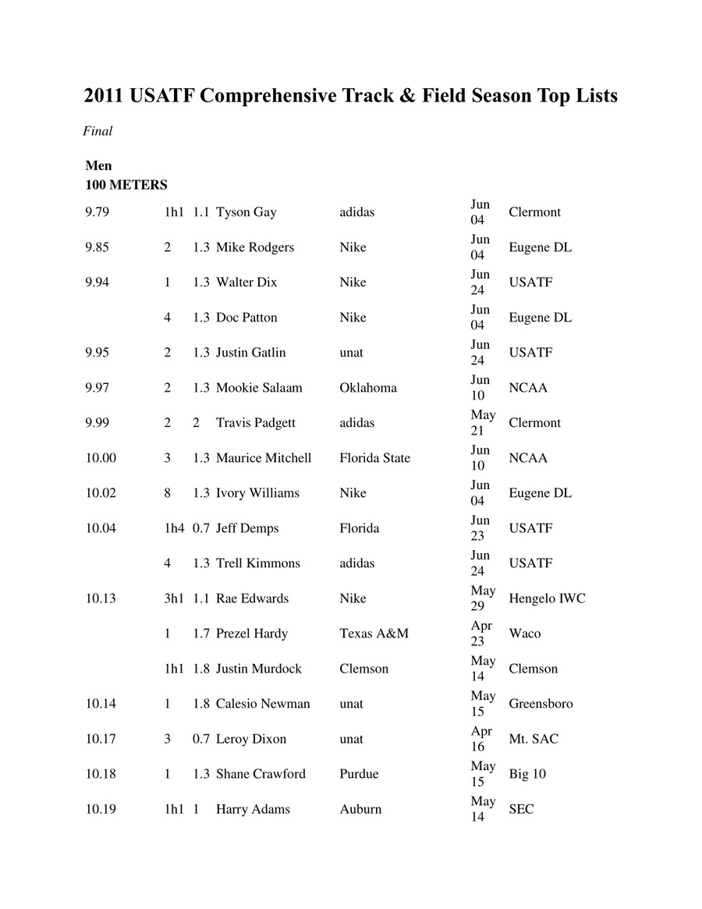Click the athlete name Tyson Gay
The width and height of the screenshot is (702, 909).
(x=246, y=212)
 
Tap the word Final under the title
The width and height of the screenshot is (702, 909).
(x=97, y=131)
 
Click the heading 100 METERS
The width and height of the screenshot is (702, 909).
(x=126, y=185)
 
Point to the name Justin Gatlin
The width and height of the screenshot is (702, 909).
(x=250, y=353)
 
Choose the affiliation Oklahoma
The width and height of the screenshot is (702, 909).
(x=367, y=388)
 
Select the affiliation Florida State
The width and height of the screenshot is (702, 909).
(x=374, y=458)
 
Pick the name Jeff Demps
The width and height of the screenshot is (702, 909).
(x=247, y=528)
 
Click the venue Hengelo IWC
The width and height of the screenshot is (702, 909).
(x=547, y=598)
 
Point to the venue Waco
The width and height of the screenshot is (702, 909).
(x=524, y=634)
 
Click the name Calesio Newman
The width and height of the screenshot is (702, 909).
(x=263, y=704)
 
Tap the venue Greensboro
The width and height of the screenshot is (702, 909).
(x=541, y=704)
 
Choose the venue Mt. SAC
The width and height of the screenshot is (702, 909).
(x=534, y=739)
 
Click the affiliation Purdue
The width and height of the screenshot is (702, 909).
(x=359, y=774)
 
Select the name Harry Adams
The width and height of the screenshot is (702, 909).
(x=253, y=809)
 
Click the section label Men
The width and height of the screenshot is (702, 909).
(x=98, y=165)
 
